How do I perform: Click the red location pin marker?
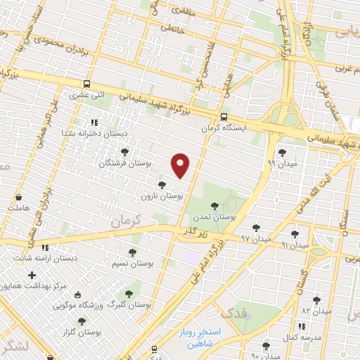point(181,165)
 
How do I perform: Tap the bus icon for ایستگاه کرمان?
point(224,117)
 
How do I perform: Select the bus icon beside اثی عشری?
point(86,82)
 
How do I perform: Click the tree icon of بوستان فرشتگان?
point(125,152)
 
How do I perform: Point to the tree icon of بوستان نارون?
point(162,185)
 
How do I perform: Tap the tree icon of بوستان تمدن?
point(214,206)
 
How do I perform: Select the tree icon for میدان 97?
point(255,227)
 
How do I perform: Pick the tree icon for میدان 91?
point(295,234)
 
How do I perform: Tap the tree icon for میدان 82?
point(316,300)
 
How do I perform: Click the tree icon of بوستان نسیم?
point(131,252)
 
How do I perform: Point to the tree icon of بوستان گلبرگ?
point(129,294)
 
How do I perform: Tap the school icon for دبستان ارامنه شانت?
point(46,247)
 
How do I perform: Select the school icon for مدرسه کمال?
point(302,326)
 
